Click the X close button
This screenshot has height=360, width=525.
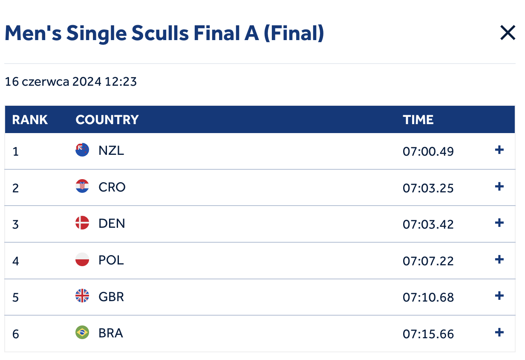click(508, 33)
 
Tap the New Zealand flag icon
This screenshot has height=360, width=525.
click(82, 150)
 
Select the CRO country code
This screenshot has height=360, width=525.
click(112, 187)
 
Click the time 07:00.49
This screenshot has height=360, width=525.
click(428, 151)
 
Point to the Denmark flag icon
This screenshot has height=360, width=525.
click(82, 223)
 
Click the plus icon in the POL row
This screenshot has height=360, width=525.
click(499, 259)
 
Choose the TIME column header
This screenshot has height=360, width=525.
click(418, 119)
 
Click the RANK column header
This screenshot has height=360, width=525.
click(30, 119)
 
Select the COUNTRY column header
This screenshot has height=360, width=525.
click(107, 119)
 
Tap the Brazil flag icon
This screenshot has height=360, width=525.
click(82, 332)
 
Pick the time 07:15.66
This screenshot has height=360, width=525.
click(428, 334)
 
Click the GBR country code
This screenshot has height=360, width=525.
click(111, 296)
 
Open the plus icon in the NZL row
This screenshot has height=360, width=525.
click(499, 150)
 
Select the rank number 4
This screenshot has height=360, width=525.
click(16, 261)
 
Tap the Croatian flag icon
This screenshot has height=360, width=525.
click(82, 186)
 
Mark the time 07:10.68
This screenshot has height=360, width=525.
click(428, 297)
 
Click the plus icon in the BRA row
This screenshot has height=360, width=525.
click(499, 332)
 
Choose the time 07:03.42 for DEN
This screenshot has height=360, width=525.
click(428, 224)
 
